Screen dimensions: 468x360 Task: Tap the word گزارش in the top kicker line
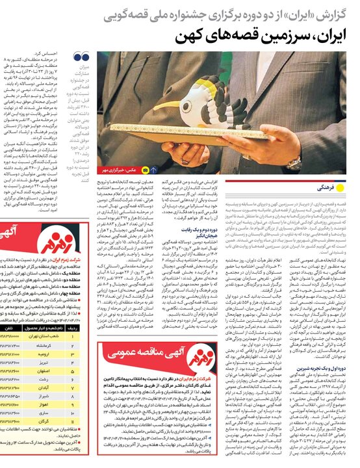[x=339, y=11]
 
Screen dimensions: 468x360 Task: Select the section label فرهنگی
[x=334, y=187]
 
